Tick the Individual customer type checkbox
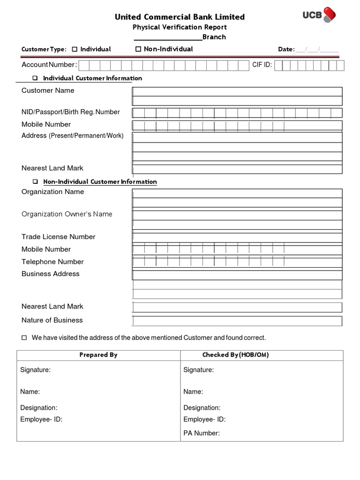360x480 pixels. point(75,49)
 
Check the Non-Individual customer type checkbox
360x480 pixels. point(138,49)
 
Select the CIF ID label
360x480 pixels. point(262,65)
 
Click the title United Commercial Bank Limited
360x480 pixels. point(180,17)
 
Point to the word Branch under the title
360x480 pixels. point(214,37)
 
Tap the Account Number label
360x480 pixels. point(49,65)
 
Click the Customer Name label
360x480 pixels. point(48,90)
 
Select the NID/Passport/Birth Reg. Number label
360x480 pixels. point(70,112)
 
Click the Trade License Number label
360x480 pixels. point(58,237)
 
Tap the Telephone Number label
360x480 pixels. point(52,262)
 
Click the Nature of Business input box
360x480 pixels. point(237,321)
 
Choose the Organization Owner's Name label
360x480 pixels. point(67,214)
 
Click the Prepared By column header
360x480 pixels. point(98,355)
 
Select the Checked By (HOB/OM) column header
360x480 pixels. point(235,355)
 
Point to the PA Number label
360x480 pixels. point(202,433)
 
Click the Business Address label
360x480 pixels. point(51,274)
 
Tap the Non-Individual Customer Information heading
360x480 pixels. point(100,182)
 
